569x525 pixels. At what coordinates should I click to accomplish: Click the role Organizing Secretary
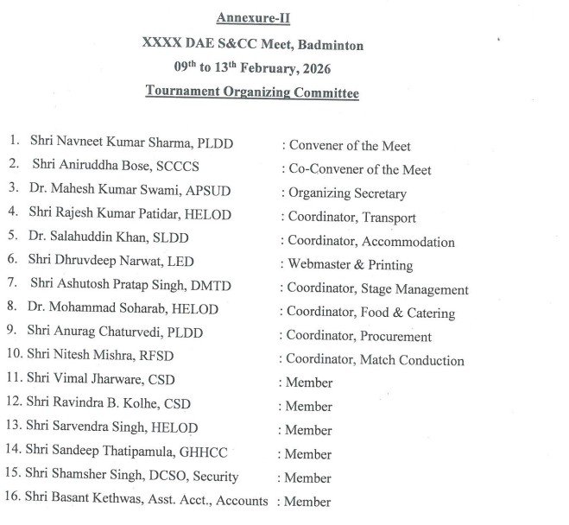[347, 193]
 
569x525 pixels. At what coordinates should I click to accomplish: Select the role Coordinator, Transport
[351, 218]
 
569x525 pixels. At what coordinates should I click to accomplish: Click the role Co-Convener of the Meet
[359, 170]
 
